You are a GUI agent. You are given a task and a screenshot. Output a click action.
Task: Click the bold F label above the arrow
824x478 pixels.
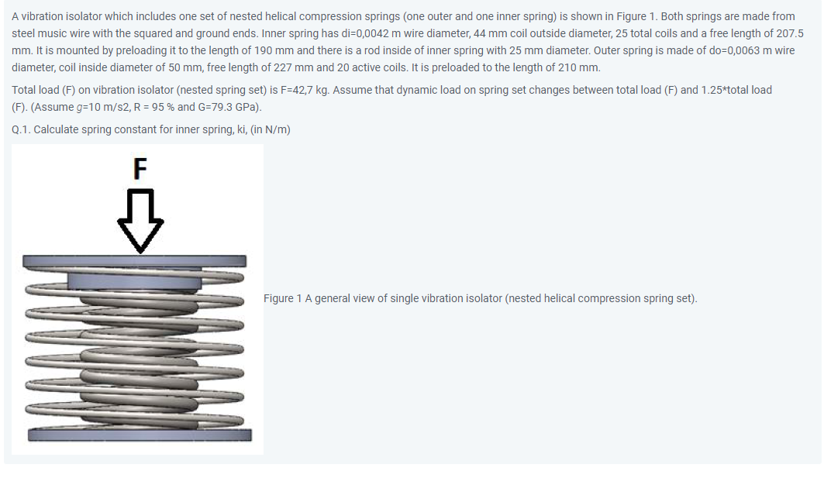(140, 168)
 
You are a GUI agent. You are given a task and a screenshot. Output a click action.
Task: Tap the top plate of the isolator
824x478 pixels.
(135, 261)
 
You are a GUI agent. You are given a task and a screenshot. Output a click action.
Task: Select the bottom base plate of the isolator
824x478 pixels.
(139, 434)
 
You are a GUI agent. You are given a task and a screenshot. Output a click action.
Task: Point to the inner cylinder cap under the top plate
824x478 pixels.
(135, 278)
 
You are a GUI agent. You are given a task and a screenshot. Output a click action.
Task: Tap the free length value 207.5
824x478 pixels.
(787, 34)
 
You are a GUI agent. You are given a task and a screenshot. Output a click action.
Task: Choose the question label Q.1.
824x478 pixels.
(22, 129)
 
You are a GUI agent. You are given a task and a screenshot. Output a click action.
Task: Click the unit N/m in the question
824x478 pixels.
(277, 129)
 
